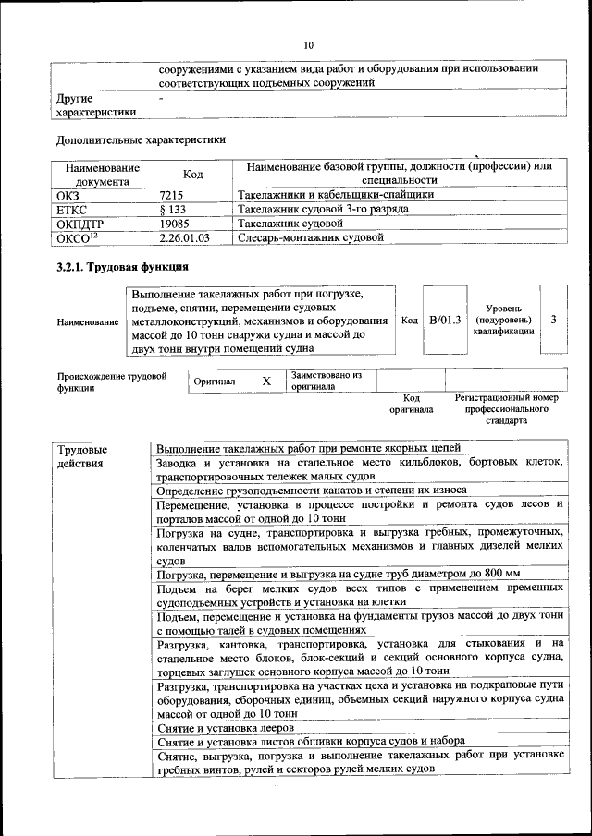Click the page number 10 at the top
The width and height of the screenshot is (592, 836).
[308, 44]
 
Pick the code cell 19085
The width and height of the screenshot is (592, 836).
[175, 224]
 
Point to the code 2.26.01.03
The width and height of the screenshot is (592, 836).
[184, 238]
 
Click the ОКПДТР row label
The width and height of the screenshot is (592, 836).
[81, 224]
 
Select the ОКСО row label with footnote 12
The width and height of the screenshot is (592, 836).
[77, 238]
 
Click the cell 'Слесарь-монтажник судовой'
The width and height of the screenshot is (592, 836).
[310, 238]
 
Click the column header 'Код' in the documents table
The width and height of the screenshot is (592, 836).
[192, 174]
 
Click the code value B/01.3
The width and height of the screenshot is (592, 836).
[445, 320]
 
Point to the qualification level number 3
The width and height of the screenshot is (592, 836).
[553, 320]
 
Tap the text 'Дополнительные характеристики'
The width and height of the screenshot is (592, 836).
[141, 140]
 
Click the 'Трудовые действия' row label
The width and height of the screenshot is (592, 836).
[81, 455]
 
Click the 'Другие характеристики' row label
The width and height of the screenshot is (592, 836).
[95, 104]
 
